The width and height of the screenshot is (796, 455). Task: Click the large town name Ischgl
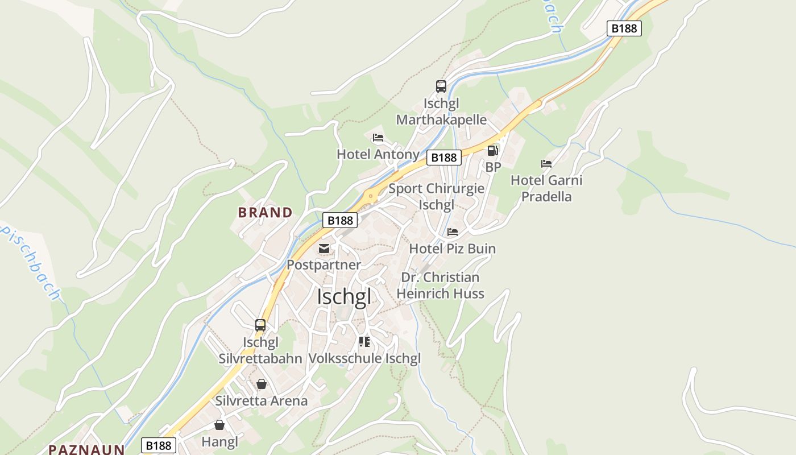(x=344, y=297)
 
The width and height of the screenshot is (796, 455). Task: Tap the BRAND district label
(x=265, y=213)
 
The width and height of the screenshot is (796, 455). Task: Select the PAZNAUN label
(x=86, y=449)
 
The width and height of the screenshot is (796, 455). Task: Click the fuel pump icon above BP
(x=492, y=151)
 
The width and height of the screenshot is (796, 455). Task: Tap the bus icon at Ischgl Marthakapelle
(x=441, y=86)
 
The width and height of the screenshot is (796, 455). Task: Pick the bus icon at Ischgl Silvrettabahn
(x=260, y=325)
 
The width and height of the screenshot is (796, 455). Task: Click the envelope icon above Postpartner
(x=324, y=249)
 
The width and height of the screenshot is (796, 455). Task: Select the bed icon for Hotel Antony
(x=378, y=138)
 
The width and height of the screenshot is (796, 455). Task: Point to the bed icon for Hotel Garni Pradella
(x=546, y=164)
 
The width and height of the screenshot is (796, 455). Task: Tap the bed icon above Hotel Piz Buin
(x=453, y=232)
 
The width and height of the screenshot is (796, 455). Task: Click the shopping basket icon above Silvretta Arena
(x=262, y=384)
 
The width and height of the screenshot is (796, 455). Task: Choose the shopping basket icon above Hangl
(x=219, y=425)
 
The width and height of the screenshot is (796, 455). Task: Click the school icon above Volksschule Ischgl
(x=364, y=342)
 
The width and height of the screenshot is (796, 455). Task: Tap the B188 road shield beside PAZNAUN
(x=159, y=445)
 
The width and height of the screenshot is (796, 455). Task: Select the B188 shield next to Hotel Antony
(x=443, y=158)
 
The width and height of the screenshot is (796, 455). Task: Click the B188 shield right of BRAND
(x=339, y=220)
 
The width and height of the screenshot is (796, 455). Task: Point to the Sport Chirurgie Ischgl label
(x=436, y=196)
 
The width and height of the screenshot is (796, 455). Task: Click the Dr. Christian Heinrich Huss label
(x=440, y=286)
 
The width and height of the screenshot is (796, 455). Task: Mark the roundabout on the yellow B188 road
(x=371, y=196)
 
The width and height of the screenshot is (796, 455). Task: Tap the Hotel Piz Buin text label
(x=453, y=249)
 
